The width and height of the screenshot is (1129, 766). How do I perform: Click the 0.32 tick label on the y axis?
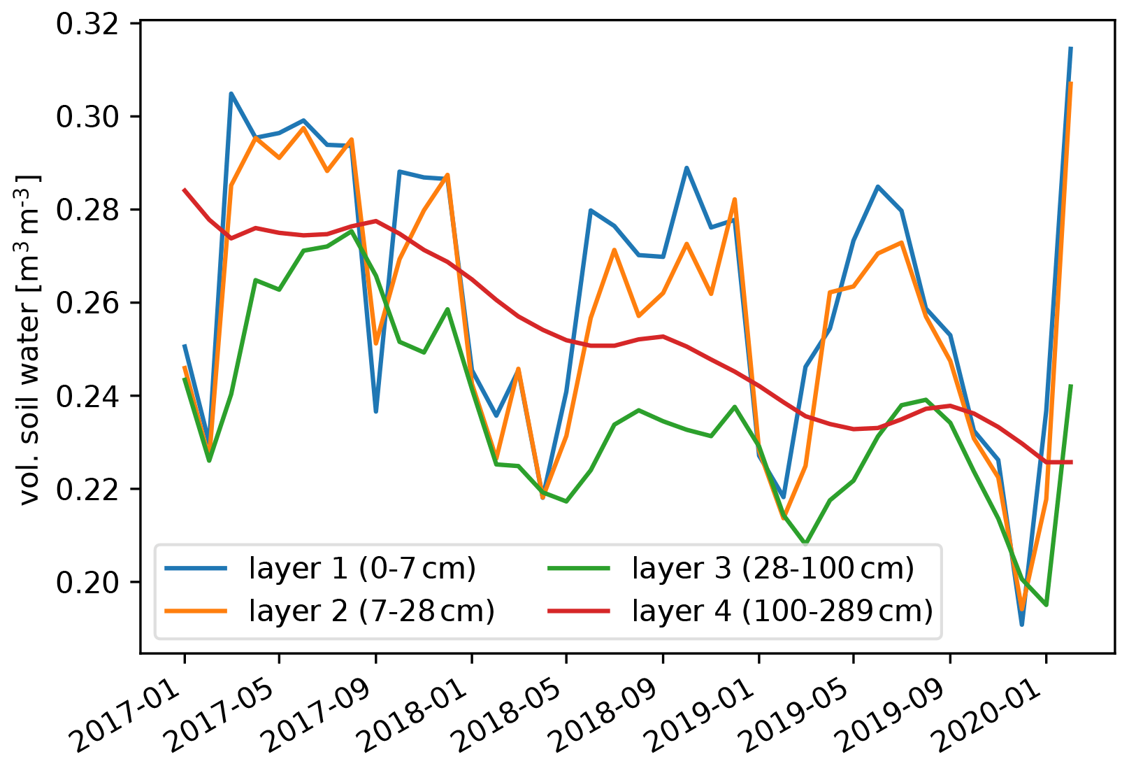tap(87, 24)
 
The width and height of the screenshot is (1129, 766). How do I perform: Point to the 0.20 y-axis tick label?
tap(87, 583)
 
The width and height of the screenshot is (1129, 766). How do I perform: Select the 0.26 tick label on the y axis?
tap(87, 304)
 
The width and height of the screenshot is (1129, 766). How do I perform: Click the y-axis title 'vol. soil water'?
tap(29, 339)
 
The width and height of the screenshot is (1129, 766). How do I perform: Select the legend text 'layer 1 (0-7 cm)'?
tap(362, 569)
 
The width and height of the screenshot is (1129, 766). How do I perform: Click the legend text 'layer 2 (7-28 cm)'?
tap(371, 611)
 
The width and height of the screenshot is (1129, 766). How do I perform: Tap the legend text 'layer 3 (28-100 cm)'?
tap(772, 569)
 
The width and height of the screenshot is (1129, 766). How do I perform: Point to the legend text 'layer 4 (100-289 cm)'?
tap(782, 611)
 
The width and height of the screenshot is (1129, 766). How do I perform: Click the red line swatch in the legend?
tap(579, 611)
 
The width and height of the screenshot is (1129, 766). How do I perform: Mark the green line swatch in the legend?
tap(579, 569)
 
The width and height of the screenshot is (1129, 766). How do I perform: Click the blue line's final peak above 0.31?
tap(1070, 48)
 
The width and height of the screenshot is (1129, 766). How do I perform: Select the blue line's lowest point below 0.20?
tap(1022, 624)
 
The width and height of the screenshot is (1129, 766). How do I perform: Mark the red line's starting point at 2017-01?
tap(185, 190)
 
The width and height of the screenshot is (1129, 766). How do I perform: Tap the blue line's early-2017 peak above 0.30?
tap(231, 94)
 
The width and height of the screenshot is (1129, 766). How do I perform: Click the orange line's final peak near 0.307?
tap(1070, 83)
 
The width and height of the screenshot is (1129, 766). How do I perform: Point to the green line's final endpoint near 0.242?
tap(1070, 385)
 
